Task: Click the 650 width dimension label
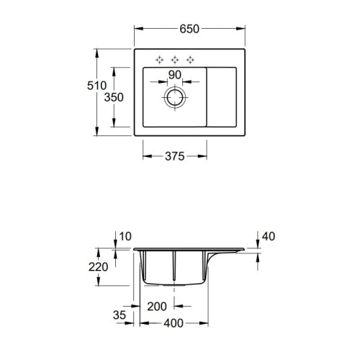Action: click(189, 29)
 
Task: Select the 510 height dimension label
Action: click(86, 86)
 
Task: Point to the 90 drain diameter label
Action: click(175, 74)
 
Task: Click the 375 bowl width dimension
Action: click(176, 155)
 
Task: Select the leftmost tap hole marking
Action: click(158, 58)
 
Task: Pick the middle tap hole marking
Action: click(176, 58)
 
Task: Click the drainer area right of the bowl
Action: click(223, 97)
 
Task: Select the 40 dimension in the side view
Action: click(269, 236)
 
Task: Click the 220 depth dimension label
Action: click(98, 267)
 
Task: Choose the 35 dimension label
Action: click(120, 315)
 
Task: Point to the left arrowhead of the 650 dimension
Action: click(138, 29)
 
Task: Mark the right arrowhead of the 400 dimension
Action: click(207, 323)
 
